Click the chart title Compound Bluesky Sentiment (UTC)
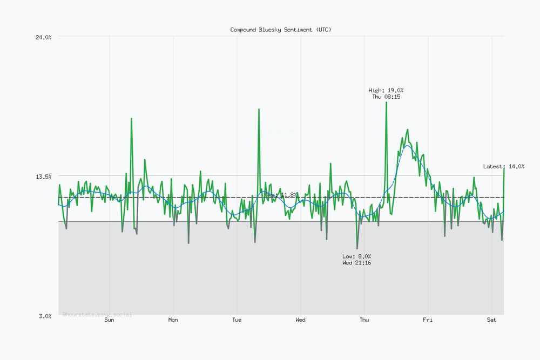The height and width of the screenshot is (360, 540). click(x=281, y=30)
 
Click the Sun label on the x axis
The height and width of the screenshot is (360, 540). click(x=109, y=320)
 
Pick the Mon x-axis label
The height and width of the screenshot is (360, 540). click(x=173, y=320)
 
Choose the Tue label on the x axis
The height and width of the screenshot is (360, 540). click(x=237, y=320)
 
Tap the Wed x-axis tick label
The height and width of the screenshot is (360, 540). click(x=300, y=320)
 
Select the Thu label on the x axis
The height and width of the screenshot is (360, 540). click(x=364, y=320)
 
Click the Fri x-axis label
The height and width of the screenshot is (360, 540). click(x=428, y=320)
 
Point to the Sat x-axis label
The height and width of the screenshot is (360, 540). click(x=491, y=320)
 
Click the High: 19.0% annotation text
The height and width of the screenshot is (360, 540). click(x=386, y=90)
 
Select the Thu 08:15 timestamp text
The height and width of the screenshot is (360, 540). click(x=386, y=97)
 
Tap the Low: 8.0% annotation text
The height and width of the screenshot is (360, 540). click(x=356, y=256)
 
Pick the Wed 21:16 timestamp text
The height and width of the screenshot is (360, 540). click(x=356, y=263)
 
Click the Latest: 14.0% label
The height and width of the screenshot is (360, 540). click(x=503, y=166)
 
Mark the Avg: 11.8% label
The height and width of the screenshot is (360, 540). click(x=281, y=194)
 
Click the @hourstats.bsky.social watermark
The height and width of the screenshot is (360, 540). click(x=97, y=314)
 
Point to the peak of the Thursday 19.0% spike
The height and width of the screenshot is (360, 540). click(x=386, y=102)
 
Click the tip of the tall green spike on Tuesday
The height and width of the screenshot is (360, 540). click(x=259, y=109)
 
